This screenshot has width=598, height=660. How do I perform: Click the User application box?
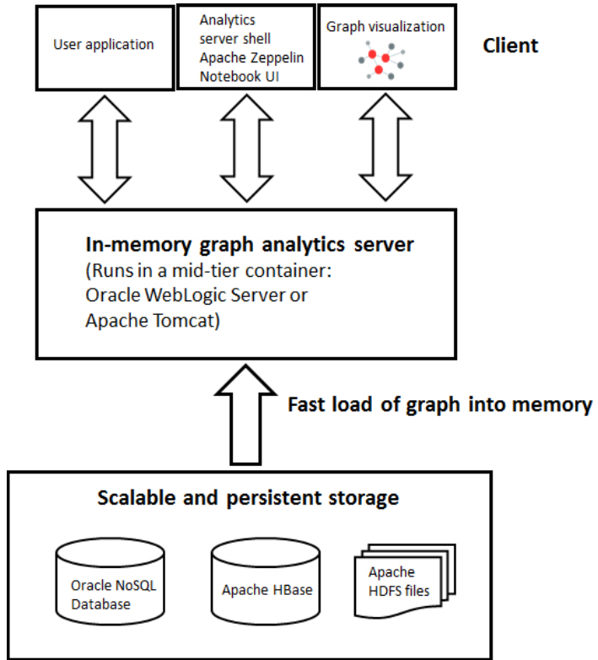tap(104, 46)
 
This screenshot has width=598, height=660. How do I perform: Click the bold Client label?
tap(509, 45)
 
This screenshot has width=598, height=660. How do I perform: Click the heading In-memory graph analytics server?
tap(250, 245)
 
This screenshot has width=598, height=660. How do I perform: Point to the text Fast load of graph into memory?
tap(439, 404)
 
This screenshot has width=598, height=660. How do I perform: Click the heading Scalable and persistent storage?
tap(248, 498)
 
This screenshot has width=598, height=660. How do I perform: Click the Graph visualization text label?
tap(385, 27)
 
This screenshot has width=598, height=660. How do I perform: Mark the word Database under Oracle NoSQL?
tap(100, 604)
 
